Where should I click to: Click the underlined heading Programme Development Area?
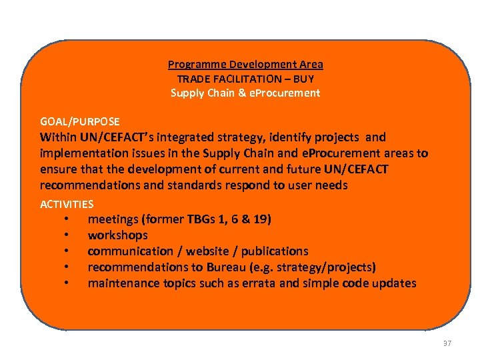(245, 65)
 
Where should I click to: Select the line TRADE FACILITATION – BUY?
(245, 79)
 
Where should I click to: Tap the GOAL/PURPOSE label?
(80, 122)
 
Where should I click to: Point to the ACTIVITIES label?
(67, 205)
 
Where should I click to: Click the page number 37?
(447, 343)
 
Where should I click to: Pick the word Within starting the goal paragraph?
(58, 137)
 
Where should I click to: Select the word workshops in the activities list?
(118, 235)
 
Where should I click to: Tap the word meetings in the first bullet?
(113, 219)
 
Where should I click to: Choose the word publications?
(275, 251)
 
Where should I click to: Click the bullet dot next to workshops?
(67, 235)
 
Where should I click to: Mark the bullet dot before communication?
(67, 251)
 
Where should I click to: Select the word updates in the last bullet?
(394, 283)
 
